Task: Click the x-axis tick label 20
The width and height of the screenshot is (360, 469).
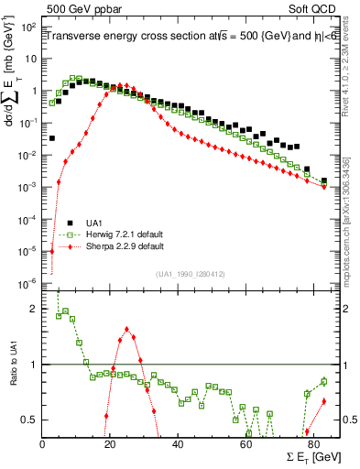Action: click(110, 445)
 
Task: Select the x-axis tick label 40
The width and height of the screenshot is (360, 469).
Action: click(178, 445)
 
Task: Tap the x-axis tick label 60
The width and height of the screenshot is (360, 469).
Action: click(245, 445)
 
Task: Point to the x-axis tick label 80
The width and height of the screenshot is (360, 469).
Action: click(312, 445)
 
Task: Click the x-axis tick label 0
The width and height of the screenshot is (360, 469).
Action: click(43, 445)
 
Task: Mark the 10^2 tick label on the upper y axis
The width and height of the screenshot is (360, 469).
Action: click(28, 27)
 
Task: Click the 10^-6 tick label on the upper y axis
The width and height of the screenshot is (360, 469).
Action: click(27, 282)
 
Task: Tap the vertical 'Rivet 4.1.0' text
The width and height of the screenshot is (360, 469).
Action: click(349, 82)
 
